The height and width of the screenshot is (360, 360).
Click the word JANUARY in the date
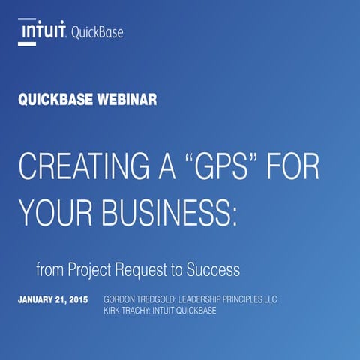[37, 299]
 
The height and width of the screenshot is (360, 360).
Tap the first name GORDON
[122, 299]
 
